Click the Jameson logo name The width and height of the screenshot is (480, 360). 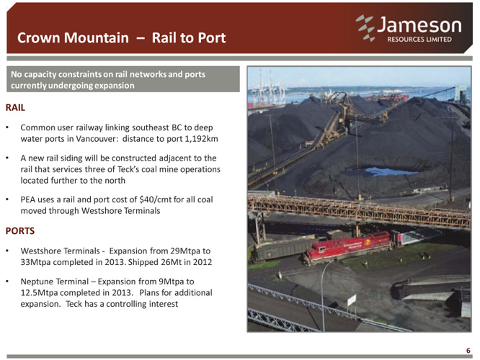419,25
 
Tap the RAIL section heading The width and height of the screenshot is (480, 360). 15,108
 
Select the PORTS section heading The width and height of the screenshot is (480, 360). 20,230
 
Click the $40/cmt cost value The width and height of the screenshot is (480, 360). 155,199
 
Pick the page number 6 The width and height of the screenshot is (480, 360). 468,351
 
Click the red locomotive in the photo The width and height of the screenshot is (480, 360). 348,248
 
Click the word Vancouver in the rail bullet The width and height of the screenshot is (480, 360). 96,139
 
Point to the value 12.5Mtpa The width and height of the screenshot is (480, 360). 39,293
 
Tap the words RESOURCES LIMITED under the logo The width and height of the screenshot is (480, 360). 419,40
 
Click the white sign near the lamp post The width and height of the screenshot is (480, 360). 352,300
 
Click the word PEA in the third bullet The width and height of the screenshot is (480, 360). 28,199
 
